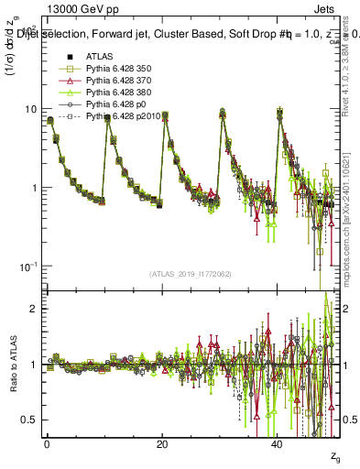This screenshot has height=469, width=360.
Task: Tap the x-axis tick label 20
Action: pos(162,442)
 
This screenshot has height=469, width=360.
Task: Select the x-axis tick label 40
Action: pos(278,442)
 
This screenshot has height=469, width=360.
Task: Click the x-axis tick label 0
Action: pos(47,442)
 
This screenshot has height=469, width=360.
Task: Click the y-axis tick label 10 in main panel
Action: pos(29,109)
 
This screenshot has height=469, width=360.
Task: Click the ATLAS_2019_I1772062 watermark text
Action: pos(190,274)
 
